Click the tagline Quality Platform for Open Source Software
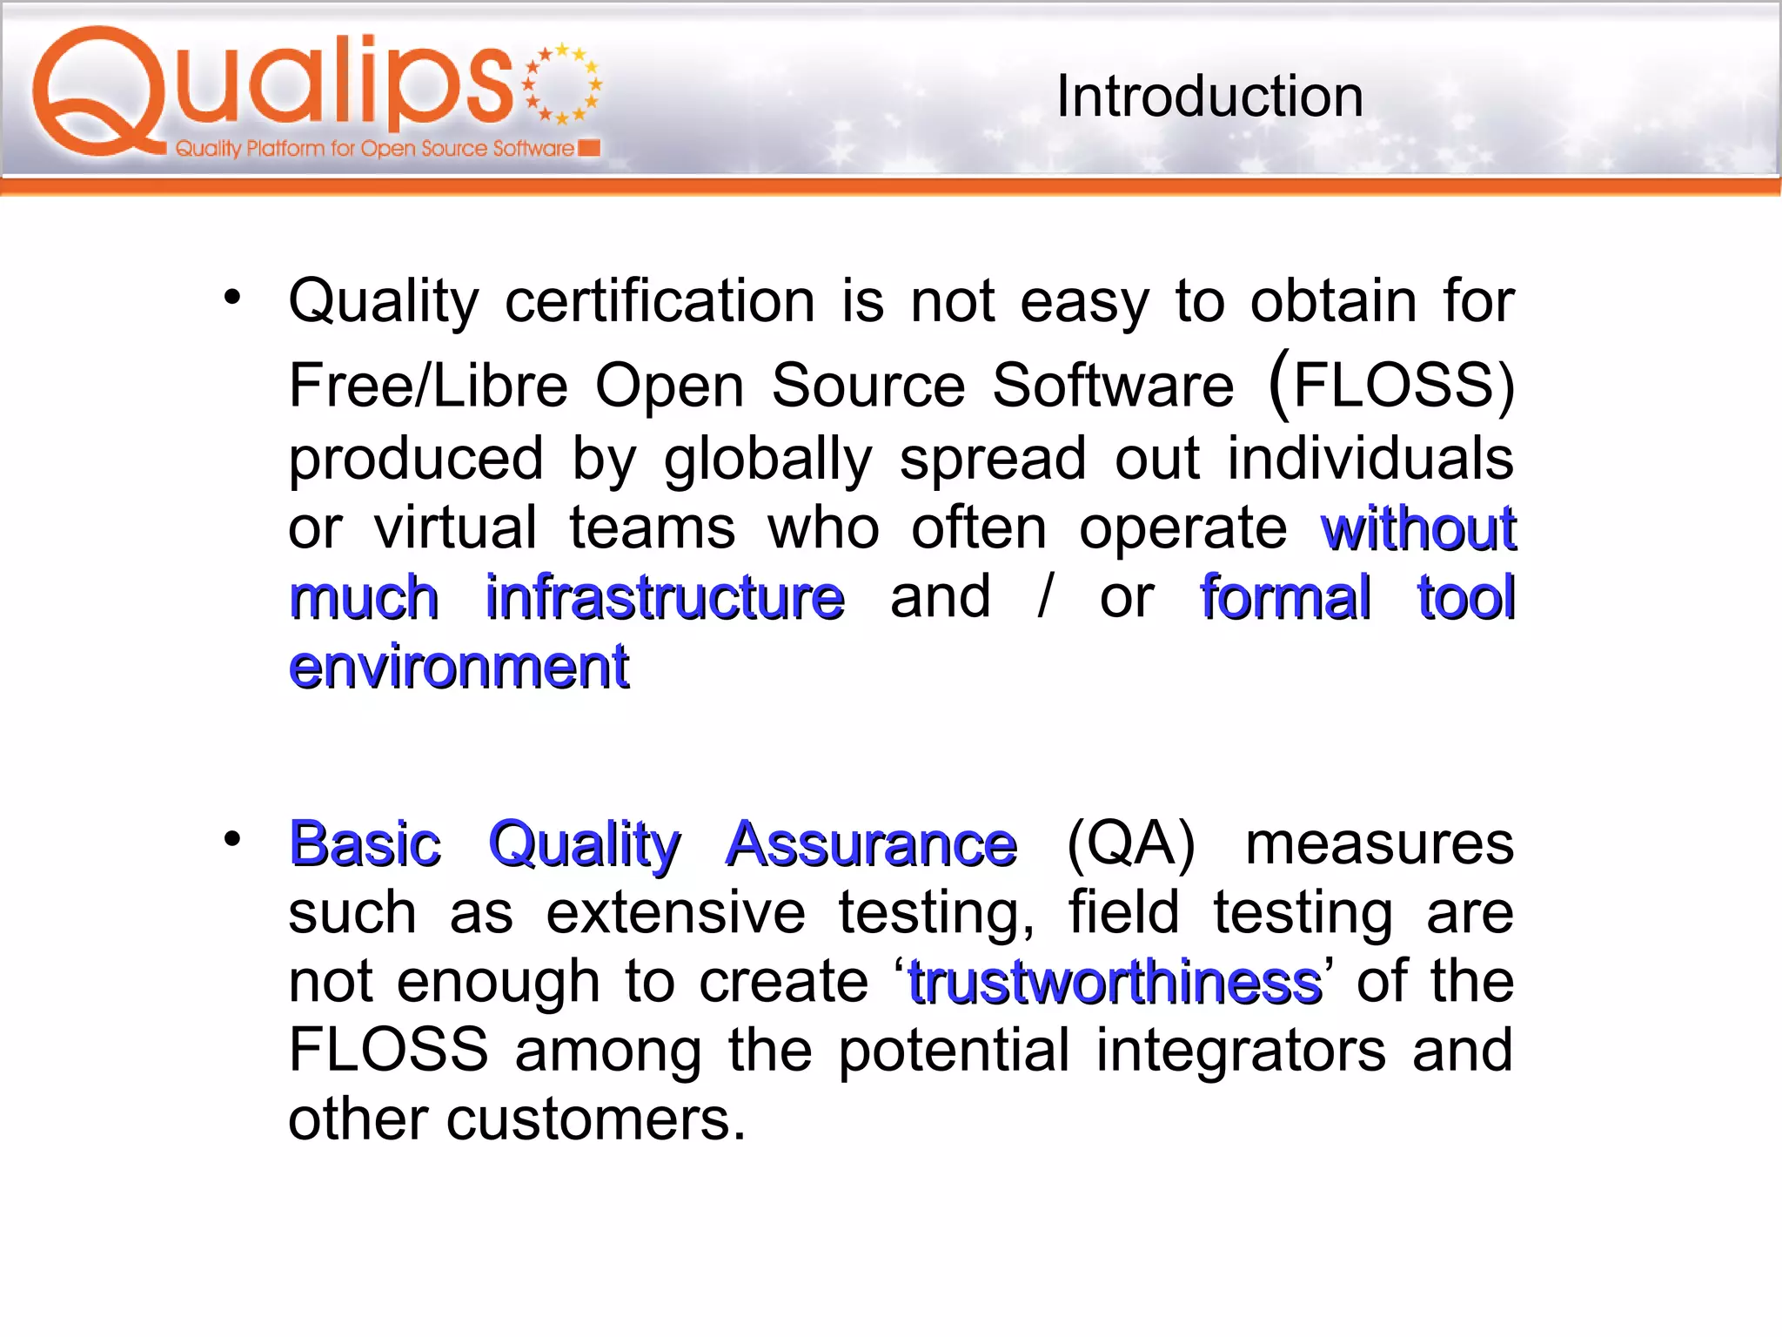point(374,149)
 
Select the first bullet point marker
point(231,298)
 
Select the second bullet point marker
point(231,839)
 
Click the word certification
point(660,302)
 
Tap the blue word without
point(1418,529)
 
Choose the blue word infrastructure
point(665,598)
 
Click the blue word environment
point(459,668)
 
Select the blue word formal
point(1285,598)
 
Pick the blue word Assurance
point(871,844)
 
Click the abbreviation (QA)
point(1131,844)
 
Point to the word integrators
point(1240,1051)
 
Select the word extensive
point(675,913)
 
